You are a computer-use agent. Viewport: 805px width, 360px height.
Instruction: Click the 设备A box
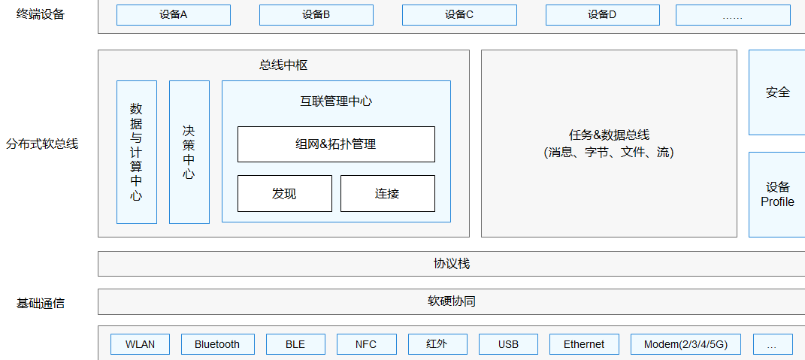[173, 15]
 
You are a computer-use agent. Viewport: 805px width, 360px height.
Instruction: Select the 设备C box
[459, 15]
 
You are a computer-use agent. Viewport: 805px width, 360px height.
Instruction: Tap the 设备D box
[602, 15]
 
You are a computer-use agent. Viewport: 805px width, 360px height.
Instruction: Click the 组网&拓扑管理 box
[336, 144]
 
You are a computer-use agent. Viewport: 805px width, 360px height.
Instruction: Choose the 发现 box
[284, 194]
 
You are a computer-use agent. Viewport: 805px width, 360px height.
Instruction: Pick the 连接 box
[387, 194]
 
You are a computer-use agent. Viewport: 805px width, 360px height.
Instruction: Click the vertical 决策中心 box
[189, 152]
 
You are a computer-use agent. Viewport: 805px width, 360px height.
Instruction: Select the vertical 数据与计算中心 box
[136, 152]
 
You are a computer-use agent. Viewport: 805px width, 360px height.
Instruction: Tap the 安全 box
[777, 92]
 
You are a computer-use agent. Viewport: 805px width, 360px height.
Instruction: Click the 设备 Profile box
[777, 195]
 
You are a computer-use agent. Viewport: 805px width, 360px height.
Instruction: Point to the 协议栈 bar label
[451, 264]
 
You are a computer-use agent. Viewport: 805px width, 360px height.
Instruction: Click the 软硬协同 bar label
[451, 301]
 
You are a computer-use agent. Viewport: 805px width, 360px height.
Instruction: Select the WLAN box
[140, 344]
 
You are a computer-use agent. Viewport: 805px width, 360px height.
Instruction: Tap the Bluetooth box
[217, 344]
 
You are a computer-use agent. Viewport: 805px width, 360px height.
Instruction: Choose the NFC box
[366, 344]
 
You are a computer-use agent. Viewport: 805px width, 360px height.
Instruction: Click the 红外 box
[437, 344]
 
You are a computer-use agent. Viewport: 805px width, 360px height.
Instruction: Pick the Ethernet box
[584, 344]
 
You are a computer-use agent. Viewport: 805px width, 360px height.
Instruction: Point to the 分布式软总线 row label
[42, 144]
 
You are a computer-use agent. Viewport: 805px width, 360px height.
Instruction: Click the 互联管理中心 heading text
[336, 101]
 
